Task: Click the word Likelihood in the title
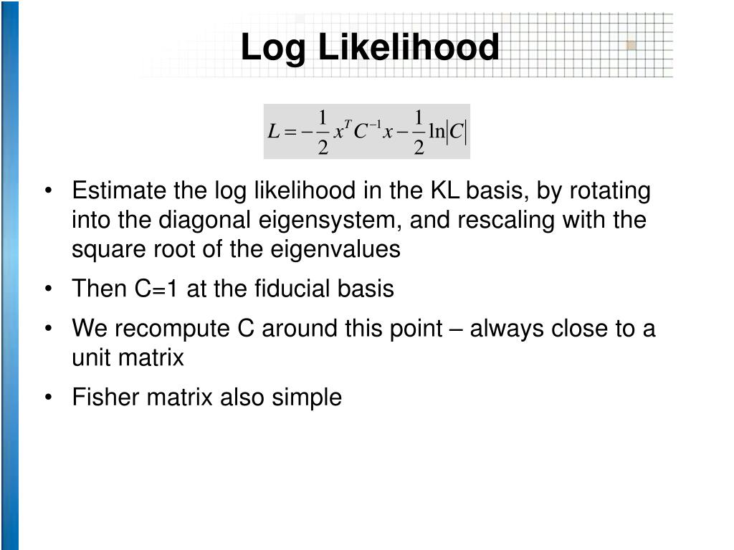409,49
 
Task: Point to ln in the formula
437,132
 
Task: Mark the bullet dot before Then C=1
49,289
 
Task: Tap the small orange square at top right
631,45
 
